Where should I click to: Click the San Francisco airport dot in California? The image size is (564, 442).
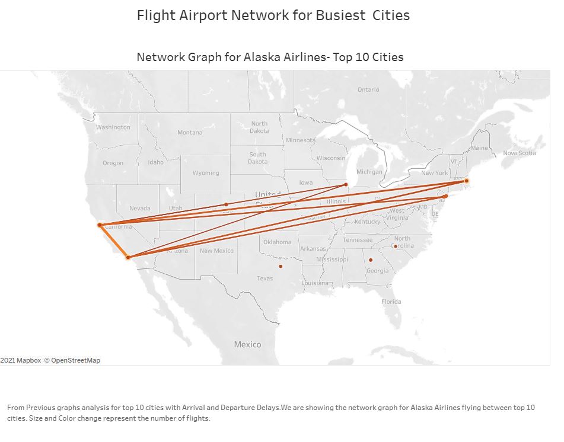tap(100, 225)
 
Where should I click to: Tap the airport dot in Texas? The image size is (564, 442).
tap(281, 266)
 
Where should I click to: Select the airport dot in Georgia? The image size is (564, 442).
tap(371, 260)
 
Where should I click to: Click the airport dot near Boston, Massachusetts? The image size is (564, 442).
tap(467, 181)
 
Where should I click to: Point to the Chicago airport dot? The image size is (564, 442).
tap(346, 185)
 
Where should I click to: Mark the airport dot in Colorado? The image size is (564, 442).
tap(226, 204)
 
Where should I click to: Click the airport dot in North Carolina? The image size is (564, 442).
tap(395, 246)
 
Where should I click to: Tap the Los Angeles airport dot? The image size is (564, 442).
tap(128, 257)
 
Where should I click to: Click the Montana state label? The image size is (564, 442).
tap(190, 132)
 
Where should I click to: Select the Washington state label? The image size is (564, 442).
tap(113, 127)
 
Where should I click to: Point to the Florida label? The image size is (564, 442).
tap(391, 302)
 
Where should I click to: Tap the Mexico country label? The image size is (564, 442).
tap(247, 344)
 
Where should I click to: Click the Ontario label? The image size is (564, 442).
tap(368, 89)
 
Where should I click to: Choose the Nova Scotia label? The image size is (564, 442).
tap(519, 153)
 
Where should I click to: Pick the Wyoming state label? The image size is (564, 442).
tap(206, 173)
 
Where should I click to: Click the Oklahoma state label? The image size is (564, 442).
tap(277, 242)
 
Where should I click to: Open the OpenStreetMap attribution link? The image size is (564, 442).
tap(75, 360)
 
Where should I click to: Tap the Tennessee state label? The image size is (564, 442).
tap(358, 240)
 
